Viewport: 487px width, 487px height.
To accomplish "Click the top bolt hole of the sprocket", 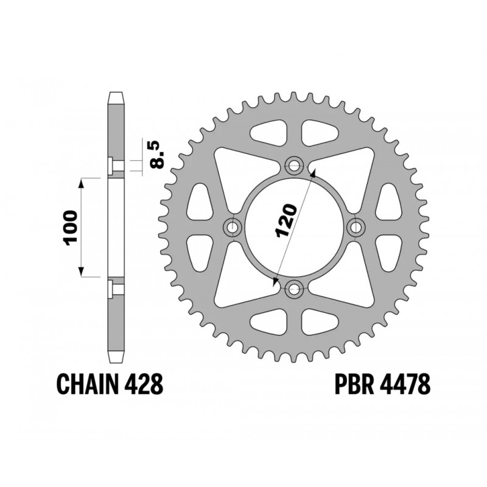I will [x=295, y=164].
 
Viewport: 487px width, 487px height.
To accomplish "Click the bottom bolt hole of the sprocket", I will [x=295, y=289].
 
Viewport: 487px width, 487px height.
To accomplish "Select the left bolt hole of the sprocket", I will [x=232, y=226].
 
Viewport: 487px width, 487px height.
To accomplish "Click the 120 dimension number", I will [x=286, y=220].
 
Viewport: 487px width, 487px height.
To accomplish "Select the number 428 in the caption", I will [x=144, y=385].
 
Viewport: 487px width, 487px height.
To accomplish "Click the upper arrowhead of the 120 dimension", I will [x=313, y=173].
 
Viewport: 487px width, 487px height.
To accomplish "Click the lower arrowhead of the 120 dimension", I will [x=276, y=281].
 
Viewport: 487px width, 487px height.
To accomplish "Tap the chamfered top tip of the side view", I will [x=116, y=97].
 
